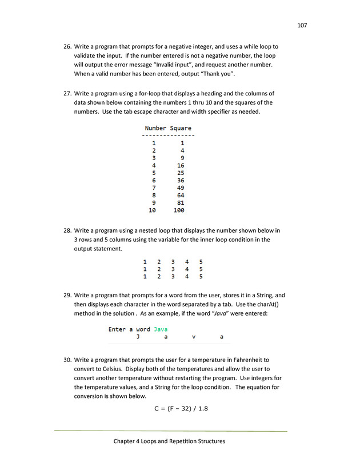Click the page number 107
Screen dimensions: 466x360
click(x=302, y=25)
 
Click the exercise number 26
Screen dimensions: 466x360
click(x=67, y=46)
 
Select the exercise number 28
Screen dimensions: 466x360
click(x=67, y=230)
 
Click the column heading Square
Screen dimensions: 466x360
click(x=181, y=128)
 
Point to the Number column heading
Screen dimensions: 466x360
click(x=155, y=128)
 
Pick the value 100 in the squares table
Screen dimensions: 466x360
click(x=179, y=210)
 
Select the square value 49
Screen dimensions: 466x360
click(x=181, y=188)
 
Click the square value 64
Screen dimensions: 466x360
click(x=181, y=195)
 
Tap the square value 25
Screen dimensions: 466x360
click(x=181, y=173)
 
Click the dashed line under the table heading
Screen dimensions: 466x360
click(x=168, y=136)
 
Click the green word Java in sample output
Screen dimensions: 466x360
click(x=161, y=329)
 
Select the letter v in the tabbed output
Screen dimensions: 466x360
click(x=194, y=337)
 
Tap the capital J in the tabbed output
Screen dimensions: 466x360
click(x=138, y=337)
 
